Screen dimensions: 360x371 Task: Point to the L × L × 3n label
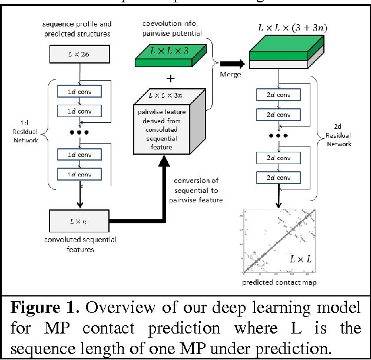[170, 94]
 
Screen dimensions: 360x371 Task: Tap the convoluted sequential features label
[79, 244]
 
